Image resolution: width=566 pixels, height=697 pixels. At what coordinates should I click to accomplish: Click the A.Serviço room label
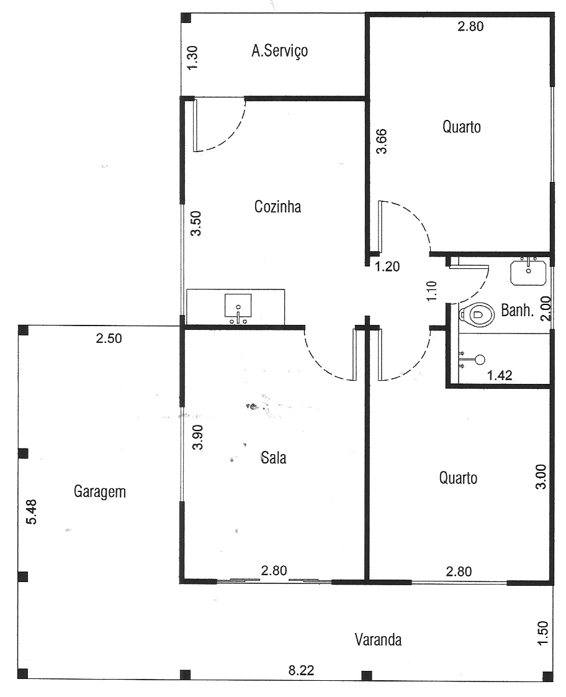tap(280, 51)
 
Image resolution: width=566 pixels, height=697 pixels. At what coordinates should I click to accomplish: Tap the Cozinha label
tap(278, 207)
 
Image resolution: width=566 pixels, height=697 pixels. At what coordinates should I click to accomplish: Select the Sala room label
tap(274, 457)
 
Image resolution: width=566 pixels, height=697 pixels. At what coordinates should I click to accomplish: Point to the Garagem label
tap(100, 491)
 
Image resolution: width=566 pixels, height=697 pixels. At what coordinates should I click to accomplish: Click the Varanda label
tap(378, 640)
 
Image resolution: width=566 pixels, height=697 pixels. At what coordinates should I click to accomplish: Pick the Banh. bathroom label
tap(517, 310)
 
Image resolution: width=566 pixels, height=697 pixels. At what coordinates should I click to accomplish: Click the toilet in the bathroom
tap(477, 315)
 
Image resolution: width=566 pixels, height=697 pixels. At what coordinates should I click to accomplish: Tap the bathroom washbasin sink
tap(528, 271)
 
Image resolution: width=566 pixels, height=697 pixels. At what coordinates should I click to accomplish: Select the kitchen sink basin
tap(238, 308)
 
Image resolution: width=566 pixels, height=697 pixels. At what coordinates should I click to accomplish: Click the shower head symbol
tap(480, 360)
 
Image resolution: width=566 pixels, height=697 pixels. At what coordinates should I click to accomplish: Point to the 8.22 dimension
tap(302, 670)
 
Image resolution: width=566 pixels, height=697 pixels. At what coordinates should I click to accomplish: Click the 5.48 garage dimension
tap(32, 512)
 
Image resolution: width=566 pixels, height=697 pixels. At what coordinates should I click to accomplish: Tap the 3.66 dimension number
tap(381, 142)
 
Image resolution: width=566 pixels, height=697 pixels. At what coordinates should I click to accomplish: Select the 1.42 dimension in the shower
tap(500, 376)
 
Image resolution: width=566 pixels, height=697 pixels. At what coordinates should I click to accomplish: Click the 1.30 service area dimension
tap(192, 58)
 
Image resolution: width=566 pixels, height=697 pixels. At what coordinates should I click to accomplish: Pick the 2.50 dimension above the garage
tap(109, 339)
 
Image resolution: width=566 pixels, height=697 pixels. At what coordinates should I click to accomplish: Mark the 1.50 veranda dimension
tap(542, 632)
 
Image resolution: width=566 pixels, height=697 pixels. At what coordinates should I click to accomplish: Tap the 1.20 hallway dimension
tap(387, 266)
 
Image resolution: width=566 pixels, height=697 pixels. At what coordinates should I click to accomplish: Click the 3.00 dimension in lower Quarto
tap(541, 476)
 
